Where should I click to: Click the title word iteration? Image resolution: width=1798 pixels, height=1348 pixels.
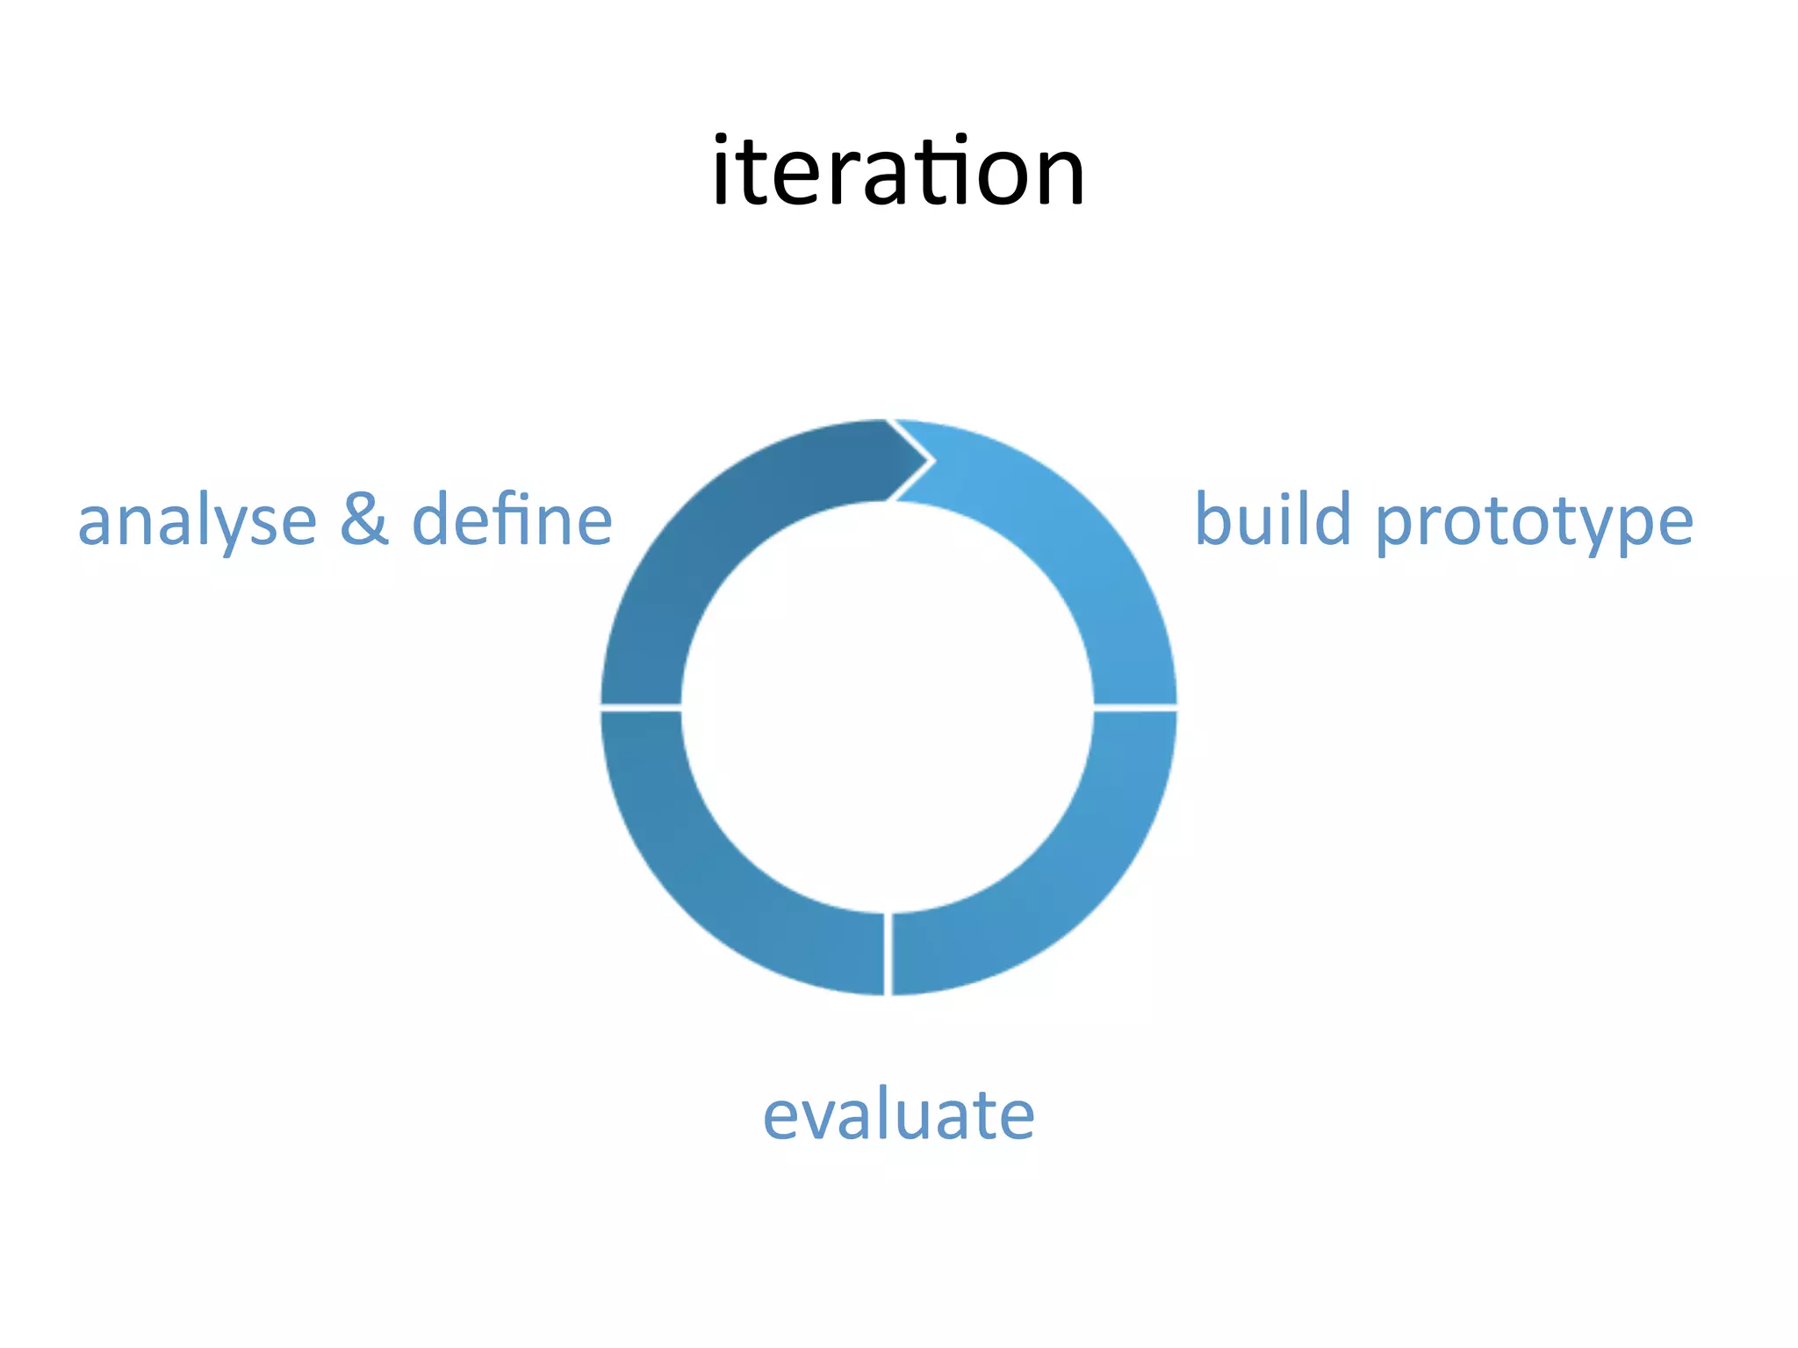tap(898, 172)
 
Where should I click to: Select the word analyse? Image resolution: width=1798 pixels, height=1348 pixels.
tap(197, 521)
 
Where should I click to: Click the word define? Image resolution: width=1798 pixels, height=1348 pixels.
tap(512, 520)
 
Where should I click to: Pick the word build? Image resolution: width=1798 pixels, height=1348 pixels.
tap(1272, 520)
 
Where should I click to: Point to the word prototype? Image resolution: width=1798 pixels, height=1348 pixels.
tap(1534, 523)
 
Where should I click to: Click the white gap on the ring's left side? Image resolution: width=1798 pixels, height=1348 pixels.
tap(641, 707)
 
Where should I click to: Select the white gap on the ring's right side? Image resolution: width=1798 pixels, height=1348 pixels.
tap(1135, 707)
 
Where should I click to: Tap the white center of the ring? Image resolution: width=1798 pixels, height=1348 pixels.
tap(888, 707)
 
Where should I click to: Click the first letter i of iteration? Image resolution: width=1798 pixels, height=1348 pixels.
tap(721, 172)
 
